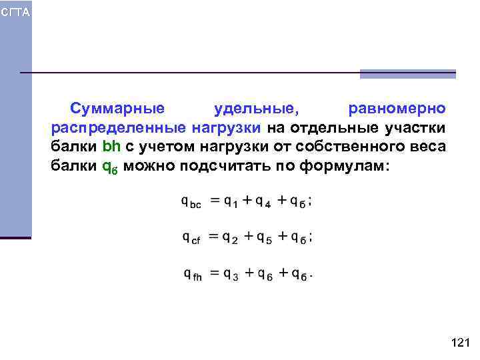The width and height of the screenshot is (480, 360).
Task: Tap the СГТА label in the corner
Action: point(15,13)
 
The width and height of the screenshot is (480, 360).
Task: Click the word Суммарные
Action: point(117,108)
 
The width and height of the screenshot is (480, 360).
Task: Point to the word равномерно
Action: point(397,108)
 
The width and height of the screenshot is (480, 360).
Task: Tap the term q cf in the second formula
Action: point(191,237)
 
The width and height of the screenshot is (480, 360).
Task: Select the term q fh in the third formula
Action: point(191,273)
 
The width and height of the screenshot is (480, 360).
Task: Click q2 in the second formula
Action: point(230,237)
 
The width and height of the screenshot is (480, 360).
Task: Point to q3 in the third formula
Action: point(231,273)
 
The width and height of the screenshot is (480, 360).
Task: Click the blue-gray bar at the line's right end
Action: point(407,74)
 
